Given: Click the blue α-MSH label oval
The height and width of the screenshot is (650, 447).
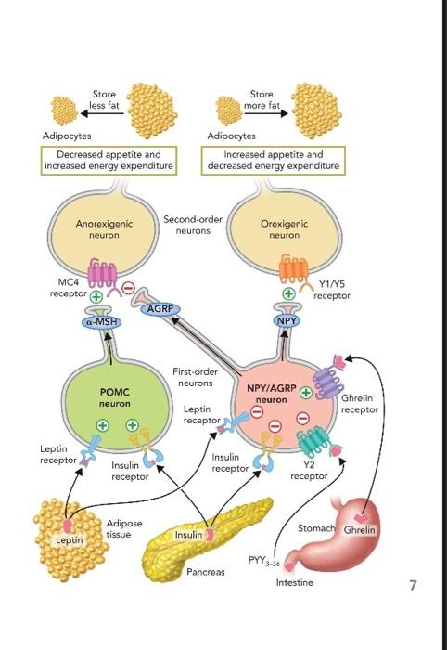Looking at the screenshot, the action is point(102,322).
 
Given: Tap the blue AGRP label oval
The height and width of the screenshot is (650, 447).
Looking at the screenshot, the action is point(160,309).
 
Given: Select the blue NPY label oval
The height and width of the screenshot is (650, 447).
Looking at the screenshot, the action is point(287,321).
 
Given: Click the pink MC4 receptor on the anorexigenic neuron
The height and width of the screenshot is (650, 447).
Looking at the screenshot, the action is point(102,273).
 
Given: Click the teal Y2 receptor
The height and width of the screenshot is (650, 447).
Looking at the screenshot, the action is point(315,442).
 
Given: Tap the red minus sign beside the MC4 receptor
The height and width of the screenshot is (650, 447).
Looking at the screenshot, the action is point(128,287).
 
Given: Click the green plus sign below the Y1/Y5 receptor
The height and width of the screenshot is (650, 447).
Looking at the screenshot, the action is point(288,293).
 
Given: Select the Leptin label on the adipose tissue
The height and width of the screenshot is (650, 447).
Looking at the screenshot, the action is point(70,539).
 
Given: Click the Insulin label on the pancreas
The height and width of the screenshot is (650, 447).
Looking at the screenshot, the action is point(188,535).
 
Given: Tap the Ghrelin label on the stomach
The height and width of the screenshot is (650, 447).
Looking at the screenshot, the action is point(359,530).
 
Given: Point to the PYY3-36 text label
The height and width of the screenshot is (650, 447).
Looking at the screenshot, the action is point(264,561).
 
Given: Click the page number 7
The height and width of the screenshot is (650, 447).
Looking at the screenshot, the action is point(413,585).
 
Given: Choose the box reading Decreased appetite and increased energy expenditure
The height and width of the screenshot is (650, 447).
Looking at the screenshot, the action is point(109,161).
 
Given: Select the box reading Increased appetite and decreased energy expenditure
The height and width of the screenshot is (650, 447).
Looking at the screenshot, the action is point(274,161).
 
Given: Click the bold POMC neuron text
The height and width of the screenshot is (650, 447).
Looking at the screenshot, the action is point(115,397).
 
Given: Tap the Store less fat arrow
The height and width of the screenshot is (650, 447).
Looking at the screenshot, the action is point(102,112).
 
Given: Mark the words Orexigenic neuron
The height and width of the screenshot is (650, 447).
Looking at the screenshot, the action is point(285,229).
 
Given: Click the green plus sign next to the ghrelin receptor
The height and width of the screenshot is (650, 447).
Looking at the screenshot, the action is point(306,393).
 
